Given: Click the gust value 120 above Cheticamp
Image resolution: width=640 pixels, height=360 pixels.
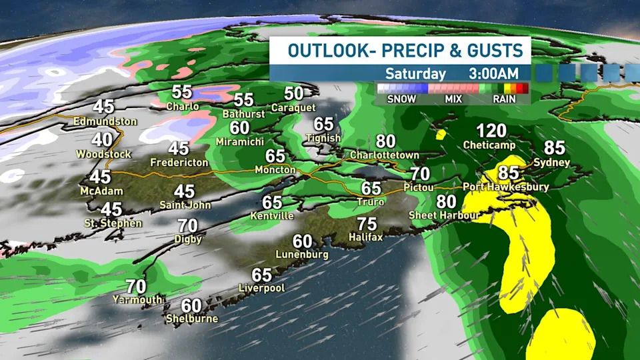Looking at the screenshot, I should [x=491, y=131].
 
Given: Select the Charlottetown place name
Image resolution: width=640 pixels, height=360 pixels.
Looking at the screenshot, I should [x=385, y=155].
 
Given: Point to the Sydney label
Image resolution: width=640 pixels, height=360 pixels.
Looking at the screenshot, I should [x=551, y=163].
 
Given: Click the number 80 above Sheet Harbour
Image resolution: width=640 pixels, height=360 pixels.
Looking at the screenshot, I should [x=447, y=202].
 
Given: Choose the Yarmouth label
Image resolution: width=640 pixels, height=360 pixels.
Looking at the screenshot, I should [x=137, y=300].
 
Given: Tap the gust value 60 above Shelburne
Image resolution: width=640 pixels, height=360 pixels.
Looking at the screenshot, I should [x=191, y=305].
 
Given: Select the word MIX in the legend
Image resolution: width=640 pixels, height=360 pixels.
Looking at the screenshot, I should [x=453, y=99].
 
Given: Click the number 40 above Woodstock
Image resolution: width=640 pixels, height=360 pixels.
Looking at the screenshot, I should [x=102, y=141].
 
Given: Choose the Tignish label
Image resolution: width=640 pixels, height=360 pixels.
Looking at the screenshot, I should [x=323, y=138].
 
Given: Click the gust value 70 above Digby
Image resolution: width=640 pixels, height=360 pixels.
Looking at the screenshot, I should [x=188, y=226].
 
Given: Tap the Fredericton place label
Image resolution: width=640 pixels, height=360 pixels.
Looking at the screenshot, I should [x=179, y=162].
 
